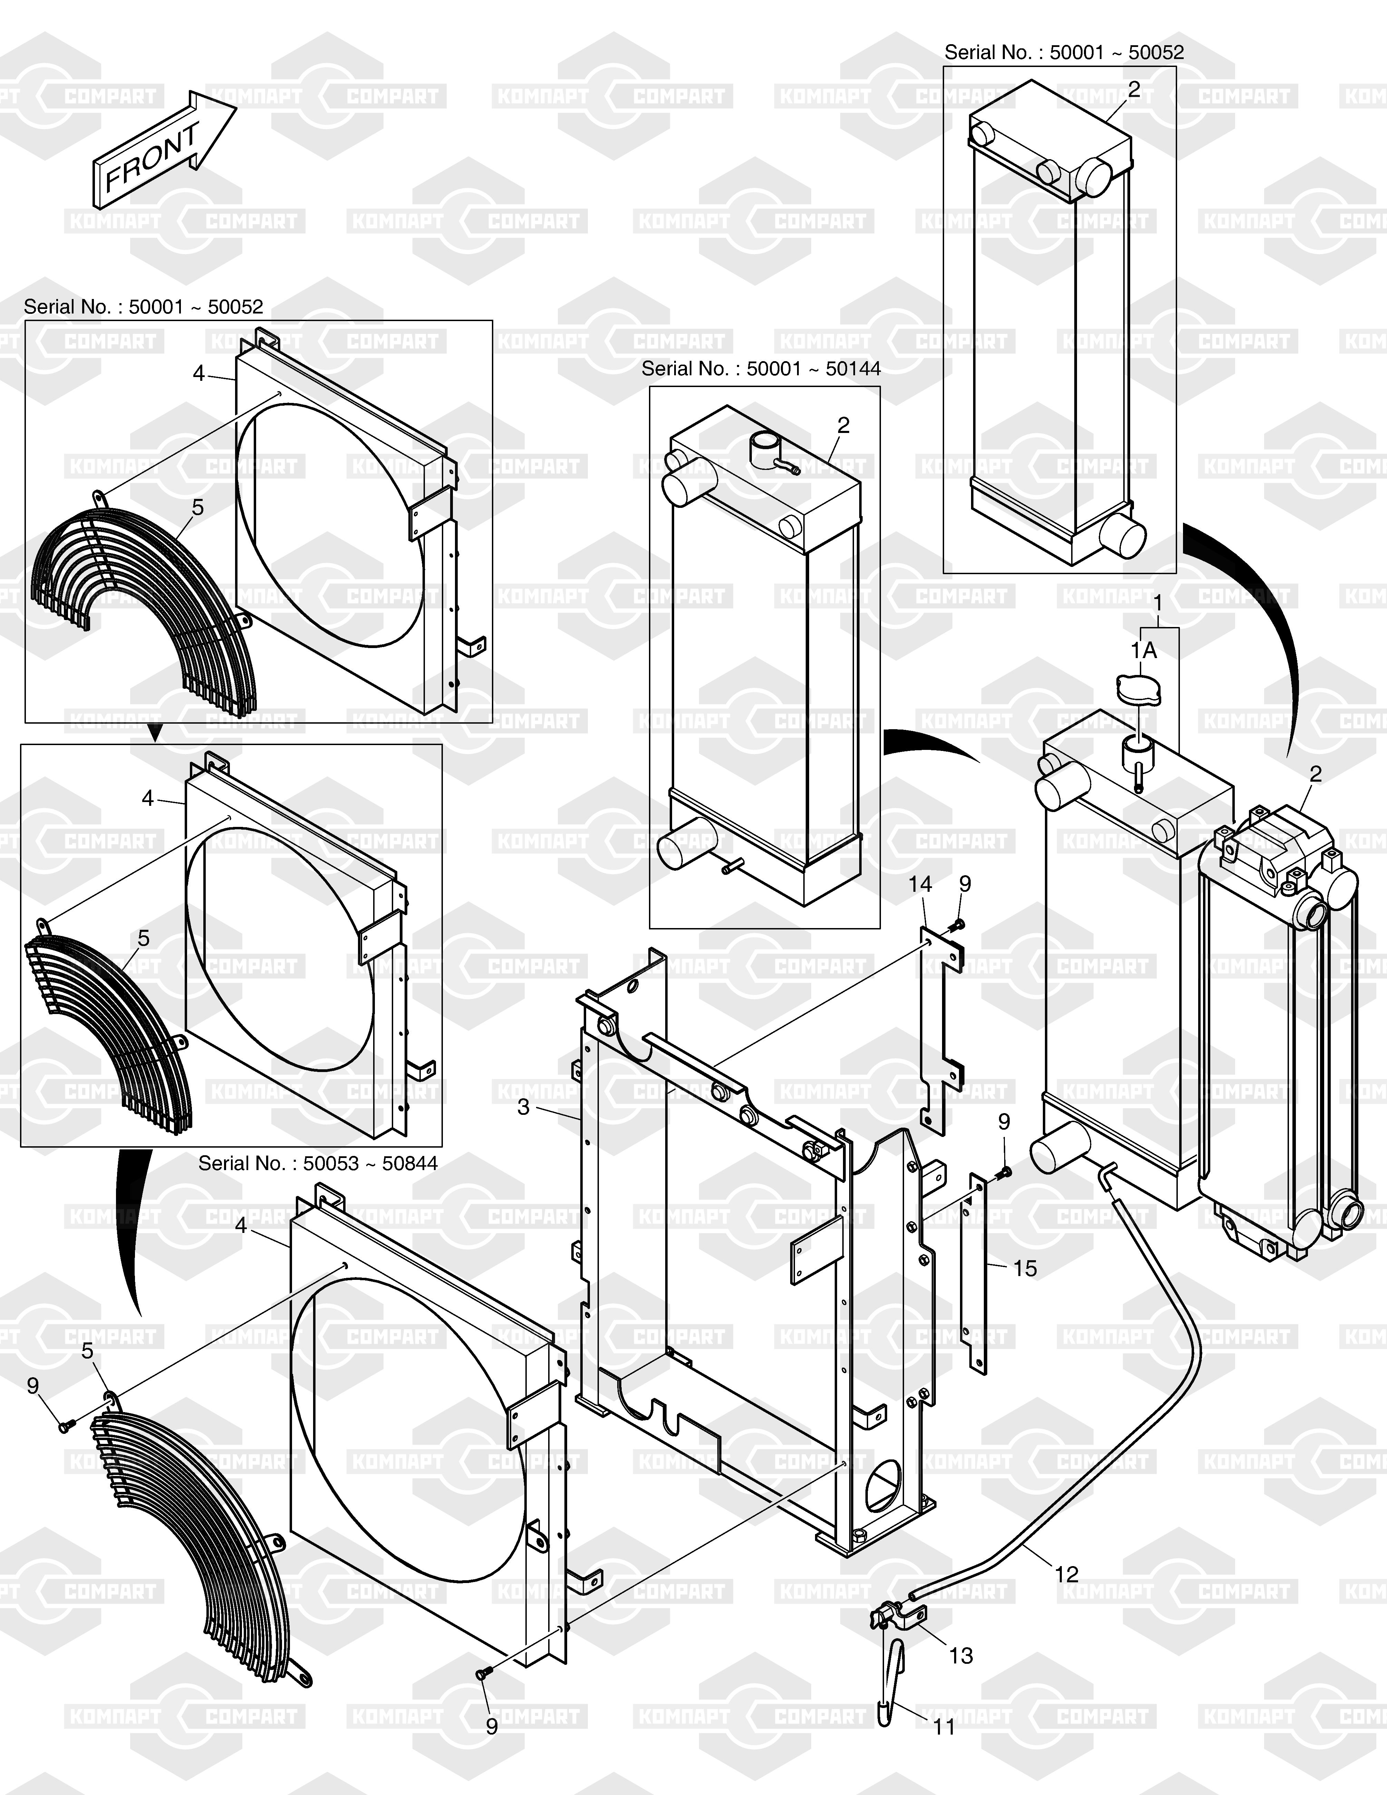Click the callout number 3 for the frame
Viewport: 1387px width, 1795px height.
(523, 1107)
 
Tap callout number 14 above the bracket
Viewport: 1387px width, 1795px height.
(920, 884)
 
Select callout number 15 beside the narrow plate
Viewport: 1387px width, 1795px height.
(1025, 1268)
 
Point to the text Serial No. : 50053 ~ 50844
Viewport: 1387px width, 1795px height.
(318, 1163)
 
